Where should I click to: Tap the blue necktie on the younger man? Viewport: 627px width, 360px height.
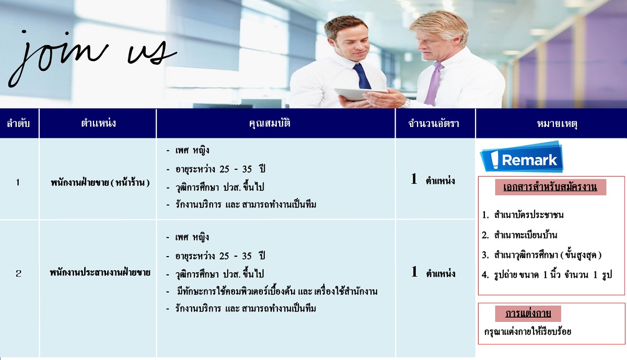(x=362, y=76)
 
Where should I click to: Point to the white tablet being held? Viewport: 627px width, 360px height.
(x=361, y=94)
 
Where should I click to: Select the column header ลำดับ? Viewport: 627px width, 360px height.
(x=18, y=123)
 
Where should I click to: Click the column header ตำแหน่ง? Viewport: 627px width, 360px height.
(x=98, y=123)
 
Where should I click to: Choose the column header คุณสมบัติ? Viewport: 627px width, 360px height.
(x=270, y=123)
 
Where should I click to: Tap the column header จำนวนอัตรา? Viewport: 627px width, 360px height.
(x=434, y=123)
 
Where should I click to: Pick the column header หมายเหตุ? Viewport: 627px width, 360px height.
(x=557, y=123)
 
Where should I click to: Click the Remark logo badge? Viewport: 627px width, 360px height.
(x=522, y=157)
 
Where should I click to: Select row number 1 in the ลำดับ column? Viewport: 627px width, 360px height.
(x=18, y=182)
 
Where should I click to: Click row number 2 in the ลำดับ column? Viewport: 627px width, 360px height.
(x=18, y=273)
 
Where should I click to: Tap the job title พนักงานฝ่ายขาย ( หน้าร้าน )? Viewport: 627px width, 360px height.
(x=100, y=183)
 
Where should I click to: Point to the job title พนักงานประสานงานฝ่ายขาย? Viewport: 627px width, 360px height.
(x=100, y=272)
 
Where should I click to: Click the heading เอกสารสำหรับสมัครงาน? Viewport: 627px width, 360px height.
(x=550, y=187)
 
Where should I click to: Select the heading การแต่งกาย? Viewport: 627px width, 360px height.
(x=528, y=313)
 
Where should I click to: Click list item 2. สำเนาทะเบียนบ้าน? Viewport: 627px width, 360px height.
(x=519, y=235)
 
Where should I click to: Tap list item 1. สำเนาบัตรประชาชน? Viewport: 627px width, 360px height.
(x=522, y=215)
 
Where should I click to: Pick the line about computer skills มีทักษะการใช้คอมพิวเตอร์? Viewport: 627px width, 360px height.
(x=277, y=292)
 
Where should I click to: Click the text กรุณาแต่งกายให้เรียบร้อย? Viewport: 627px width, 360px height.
(x=528, y=332)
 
